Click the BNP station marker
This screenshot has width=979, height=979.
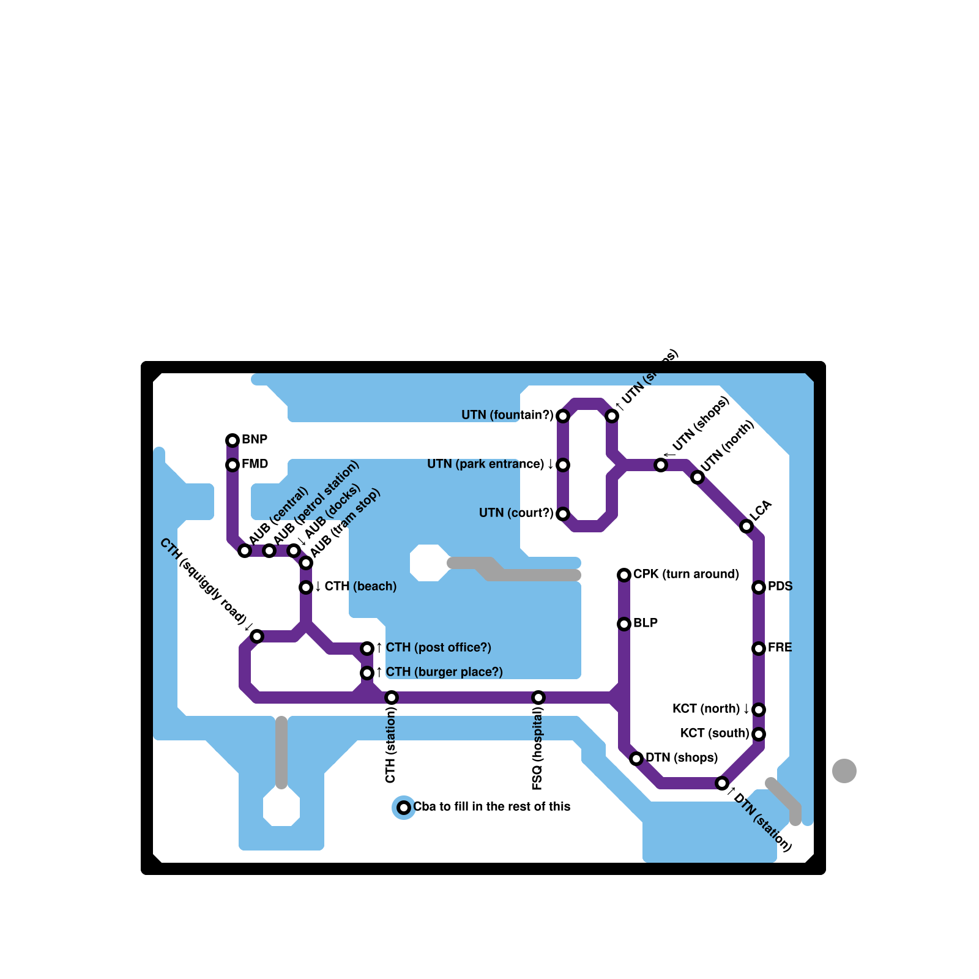tap(233, 441)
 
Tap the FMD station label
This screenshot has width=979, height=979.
tap(255, 464)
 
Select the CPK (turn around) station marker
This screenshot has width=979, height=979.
tap(624, 575)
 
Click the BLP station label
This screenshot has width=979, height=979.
tap(646, 624)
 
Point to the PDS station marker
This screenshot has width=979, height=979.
tap(759, 587)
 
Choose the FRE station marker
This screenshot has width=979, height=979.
tap(759, 649)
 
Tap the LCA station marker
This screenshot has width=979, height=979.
tap(746, 526)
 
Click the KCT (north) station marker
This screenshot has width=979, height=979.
tap(759, 710)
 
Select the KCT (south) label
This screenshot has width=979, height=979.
tap(715, 734)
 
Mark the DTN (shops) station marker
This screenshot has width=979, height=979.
tap(636, 759)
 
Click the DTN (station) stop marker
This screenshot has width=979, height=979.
tap(722, 783)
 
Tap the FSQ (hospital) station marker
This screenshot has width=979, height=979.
tap(538, 698)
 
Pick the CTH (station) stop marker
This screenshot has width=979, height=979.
tap(392, 698)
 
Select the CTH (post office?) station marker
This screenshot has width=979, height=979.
tap(367, 649)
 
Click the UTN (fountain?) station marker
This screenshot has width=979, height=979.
tap(563, 416)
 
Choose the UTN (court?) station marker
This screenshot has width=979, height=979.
tap(563, 514)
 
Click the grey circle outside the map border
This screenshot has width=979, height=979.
tap(844, 771)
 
